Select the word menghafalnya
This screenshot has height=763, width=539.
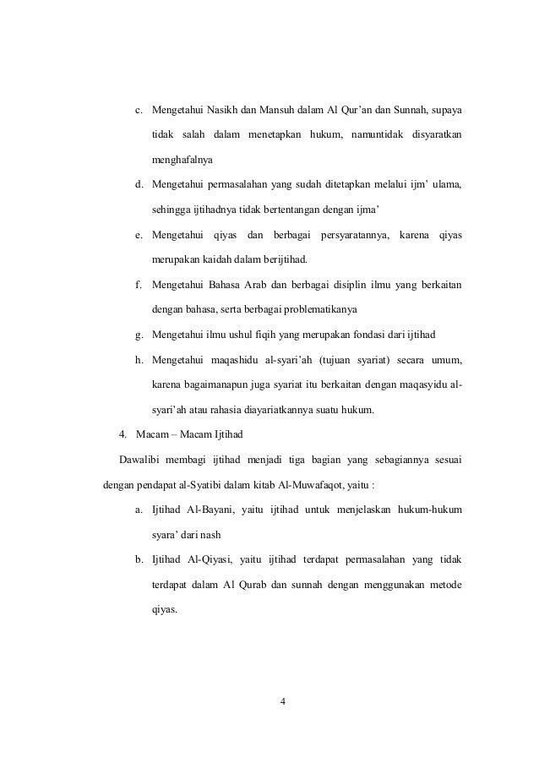[x=182, y=159]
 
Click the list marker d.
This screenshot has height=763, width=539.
[x=138, y=183]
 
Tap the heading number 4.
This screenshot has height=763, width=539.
[x=123, y=435]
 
